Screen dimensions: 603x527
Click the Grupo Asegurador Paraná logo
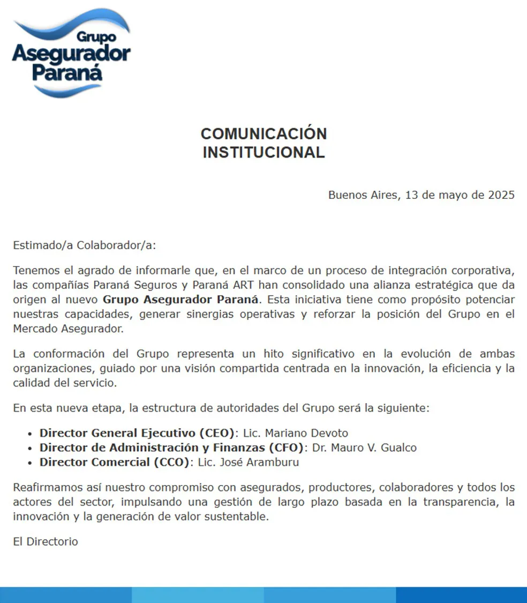click(x=71, y=53)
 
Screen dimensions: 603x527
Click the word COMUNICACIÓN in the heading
click(x=263, y=133)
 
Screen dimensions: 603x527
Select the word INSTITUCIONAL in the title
click(x=263, y=152)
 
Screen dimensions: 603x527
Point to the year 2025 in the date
click(x=501, y=195)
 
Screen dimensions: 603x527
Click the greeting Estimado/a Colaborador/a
click(x=84, y=245)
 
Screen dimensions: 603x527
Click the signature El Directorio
click(x=46, y=541)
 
